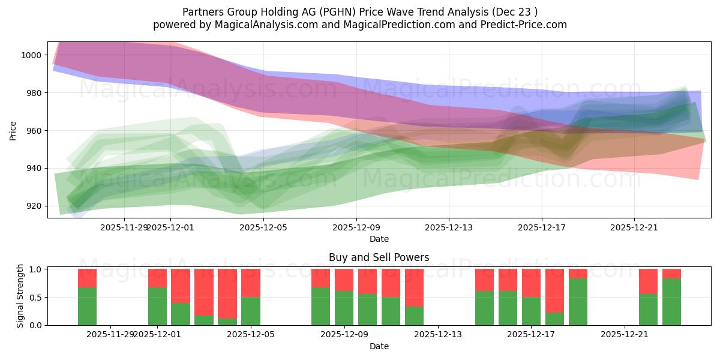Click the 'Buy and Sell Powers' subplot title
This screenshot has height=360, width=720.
point(379,257)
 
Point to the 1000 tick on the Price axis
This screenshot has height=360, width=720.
point(33,55)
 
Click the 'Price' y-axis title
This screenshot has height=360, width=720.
point(13,131)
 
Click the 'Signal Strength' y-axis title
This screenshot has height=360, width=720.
point(20,295)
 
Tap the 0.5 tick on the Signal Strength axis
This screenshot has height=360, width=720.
point(35,297)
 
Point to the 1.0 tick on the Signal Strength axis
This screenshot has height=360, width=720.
point(35,269)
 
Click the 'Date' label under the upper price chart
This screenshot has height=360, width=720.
point(379,239)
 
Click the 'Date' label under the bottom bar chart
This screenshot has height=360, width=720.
point(379,346)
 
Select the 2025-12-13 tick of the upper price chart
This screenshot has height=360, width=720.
point(449,227)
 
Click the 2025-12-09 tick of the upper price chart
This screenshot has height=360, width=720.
point(356,227)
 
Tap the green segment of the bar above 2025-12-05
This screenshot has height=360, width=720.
point(251,311)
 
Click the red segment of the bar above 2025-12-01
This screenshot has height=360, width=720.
point(157,278)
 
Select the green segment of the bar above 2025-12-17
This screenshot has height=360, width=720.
point(532,311)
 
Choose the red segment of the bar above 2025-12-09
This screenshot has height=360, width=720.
point(344,280)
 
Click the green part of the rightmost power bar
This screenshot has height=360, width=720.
point(671,301)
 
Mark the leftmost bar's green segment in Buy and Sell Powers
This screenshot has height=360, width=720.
point(88,306)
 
